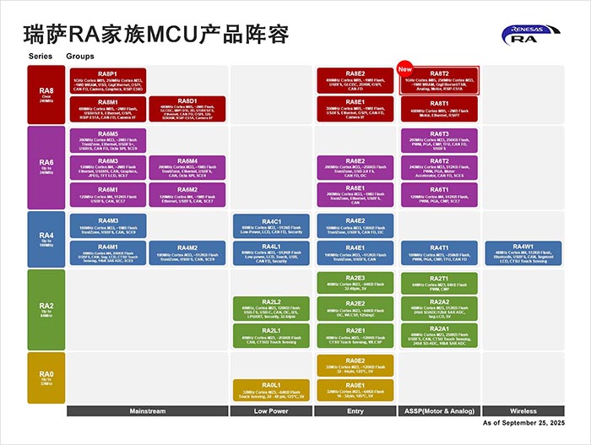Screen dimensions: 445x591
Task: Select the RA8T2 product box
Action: coord(439,81)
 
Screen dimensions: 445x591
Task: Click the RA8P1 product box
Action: coord(107,81)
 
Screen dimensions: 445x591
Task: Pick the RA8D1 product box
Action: coord(187,109)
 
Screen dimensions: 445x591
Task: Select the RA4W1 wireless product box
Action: coord(521,252)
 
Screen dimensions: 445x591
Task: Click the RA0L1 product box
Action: coord(271,389)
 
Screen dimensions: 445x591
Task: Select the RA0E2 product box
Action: coord(355,365)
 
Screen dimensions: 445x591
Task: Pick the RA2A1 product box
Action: coord(439,334)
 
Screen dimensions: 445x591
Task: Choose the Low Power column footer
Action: coord(271,410)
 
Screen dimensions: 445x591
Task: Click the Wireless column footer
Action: coord(521,410)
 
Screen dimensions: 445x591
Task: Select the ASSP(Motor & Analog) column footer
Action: coord(439,410)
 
